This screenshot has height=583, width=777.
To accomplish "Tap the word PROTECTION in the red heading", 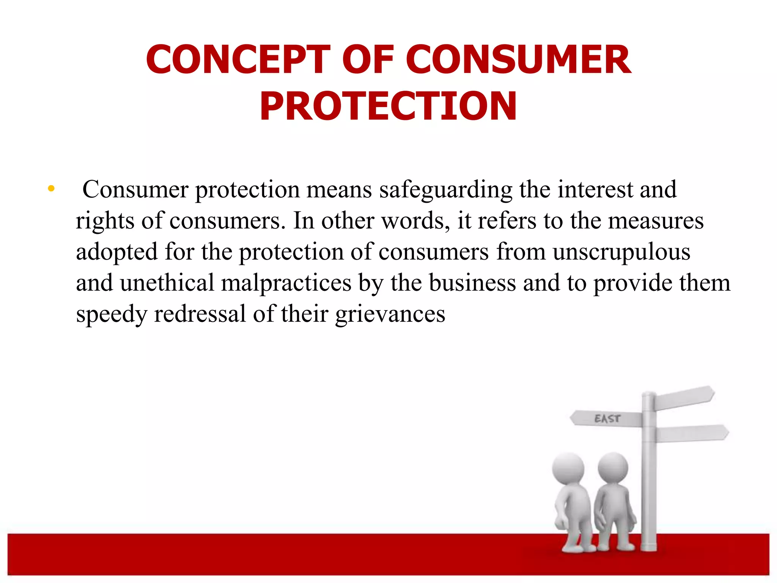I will (388, 106).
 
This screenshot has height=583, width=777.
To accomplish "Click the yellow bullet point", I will (51, 188).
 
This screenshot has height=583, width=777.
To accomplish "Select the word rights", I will (105, 221).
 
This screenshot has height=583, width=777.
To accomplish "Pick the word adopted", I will (117, 252).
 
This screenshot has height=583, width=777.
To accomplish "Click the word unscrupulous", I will (621, 252).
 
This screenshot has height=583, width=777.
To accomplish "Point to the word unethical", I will (167, 283).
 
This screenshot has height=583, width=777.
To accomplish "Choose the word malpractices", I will (286, 284).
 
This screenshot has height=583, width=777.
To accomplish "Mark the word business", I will (472, 283).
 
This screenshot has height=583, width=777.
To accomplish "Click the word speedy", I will (111, 315).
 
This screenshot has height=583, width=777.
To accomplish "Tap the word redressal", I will (200, 314).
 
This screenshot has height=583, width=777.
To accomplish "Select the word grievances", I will (390, 315).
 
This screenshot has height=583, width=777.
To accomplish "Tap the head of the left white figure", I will (568, 468).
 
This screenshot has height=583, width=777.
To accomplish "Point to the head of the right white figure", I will (613, 467).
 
